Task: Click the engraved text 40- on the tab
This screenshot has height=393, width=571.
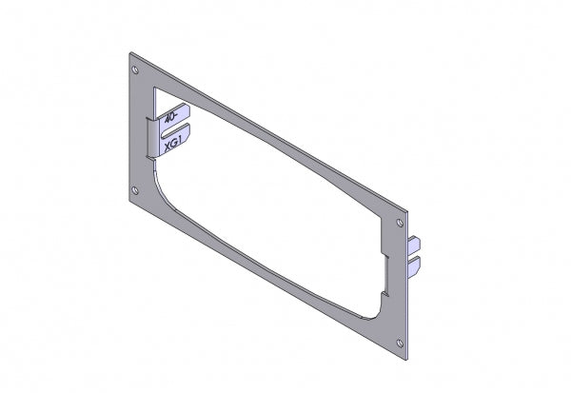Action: click(172, 119)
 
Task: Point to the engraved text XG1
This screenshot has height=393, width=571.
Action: click(174, 145)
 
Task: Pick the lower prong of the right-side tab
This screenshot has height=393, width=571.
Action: click(415, 267)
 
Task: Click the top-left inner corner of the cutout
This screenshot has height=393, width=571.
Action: click(153, 81)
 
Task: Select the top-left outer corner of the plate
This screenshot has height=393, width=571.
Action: click(129, 54)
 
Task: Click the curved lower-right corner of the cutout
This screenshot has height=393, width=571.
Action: click(381, 309)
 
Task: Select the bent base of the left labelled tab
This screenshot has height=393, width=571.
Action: click(151, 136)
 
